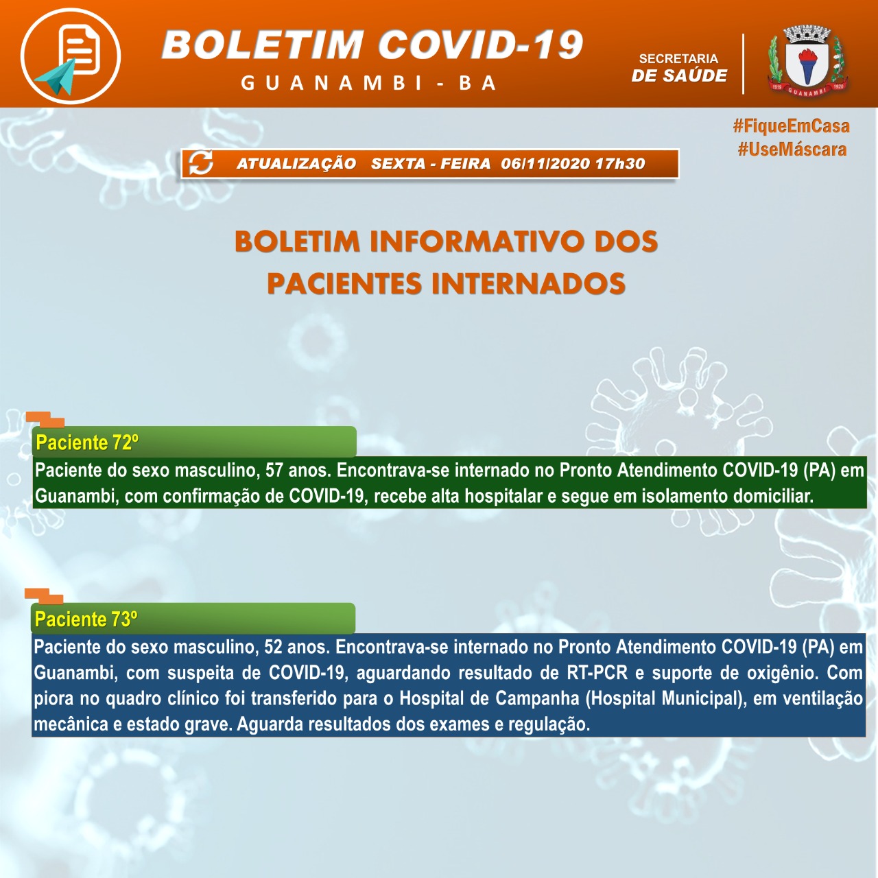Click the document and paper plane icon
71,56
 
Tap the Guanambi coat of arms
808,62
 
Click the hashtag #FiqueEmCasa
791,126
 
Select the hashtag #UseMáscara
792,150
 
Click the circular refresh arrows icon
201,163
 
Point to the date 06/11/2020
545,164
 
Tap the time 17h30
620,164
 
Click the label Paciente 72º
87,442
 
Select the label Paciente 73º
86,619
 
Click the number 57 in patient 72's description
274,471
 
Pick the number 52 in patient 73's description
273,647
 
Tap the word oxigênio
781,673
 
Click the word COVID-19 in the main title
480,45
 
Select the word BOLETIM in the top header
263,45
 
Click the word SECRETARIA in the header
678,59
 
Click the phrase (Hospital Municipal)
665,699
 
